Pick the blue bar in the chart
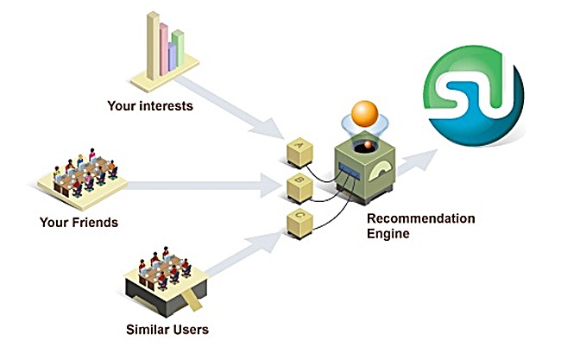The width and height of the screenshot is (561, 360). [171, 57]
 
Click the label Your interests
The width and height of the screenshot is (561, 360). [149, 107]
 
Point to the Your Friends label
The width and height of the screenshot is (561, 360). [79, 222]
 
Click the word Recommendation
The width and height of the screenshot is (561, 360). [420, 218]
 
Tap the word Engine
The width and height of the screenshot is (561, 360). [386, 233]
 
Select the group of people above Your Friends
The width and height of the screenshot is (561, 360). [85, 173]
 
